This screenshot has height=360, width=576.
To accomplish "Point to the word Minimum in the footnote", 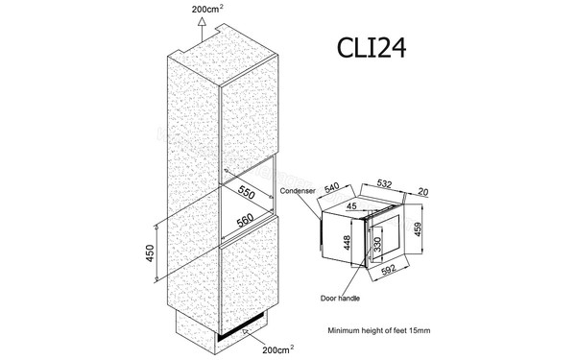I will point(347,330).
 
